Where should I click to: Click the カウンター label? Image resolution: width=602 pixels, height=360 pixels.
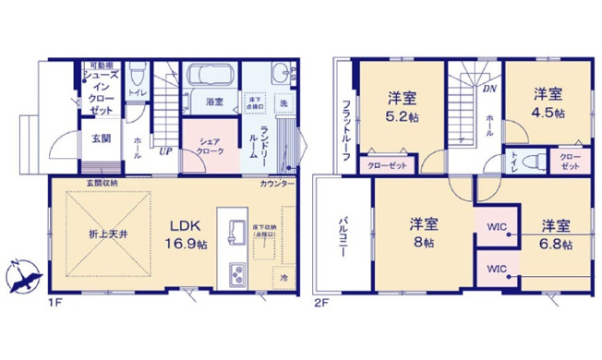tap(277, 185)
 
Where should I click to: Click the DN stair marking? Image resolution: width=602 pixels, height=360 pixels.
tap(488, 90)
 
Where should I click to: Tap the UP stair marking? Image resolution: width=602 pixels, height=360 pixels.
tap(166, 150)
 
